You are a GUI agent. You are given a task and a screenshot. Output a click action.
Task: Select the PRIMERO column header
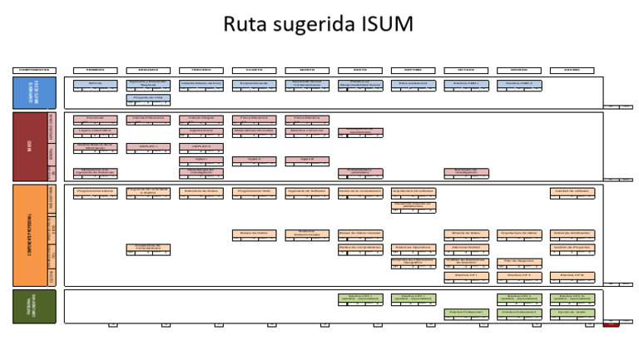click(x=94, y=70)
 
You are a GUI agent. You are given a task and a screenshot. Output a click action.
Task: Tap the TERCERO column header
click(x=200, y=70)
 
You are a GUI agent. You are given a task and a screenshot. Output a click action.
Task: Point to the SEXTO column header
click(x=360, y=70)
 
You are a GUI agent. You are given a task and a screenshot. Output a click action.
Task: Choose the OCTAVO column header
click(x=466, y=70)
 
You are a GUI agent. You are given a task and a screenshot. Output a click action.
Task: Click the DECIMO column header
click(x=571, y=70)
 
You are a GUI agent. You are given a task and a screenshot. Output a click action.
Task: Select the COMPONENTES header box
click(x=33, y=70)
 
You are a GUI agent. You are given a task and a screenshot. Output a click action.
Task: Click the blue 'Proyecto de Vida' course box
click(x=147, y=98)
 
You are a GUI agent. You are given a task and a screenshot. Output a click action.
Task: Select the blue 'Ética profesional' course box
click(x=414, y=84)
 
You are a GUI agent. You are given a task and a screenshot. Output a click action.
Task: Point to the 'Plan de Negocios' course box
click(x=518, y=261)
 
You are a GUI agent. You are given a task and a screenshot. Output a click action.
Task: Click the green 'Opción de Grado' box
click(x=571, y=313)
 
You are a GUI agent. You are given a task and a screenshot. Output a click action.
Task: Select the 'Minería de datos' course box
click(x=466, y=234)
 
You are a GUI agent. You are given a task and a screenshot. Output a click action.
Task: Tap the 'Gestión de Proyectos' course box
click(x=571, y=248)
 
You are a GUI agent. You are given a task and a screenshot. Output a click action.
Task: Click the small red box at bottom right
click(x=612, y=324)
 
